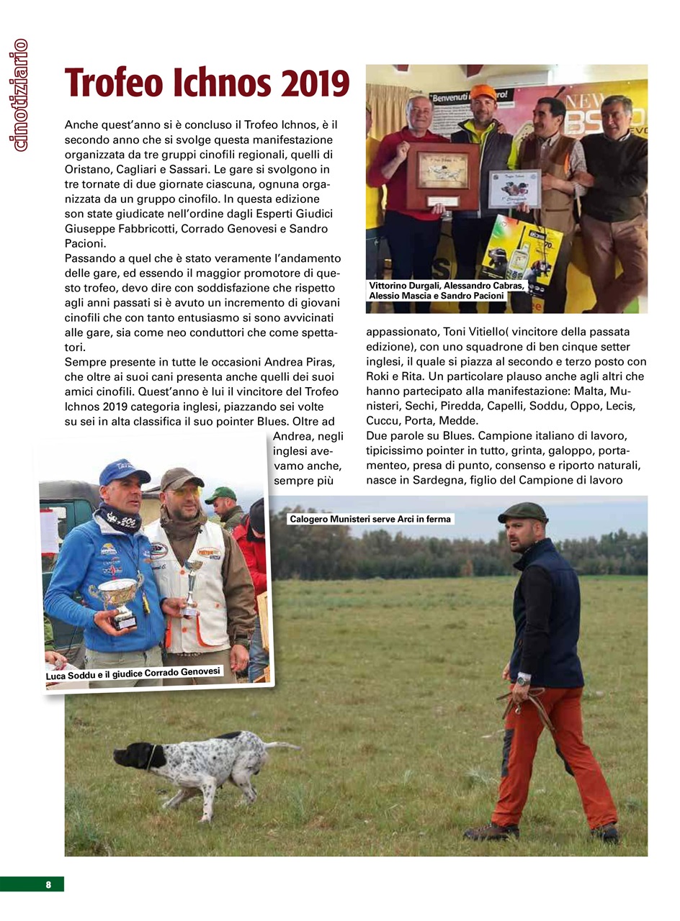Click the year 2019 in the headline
coord(310,84)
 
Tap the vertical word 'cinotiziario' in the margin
coord(19,95)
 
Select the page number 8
coord(48,884)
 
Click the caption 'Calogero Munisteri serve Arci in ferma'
coord(370,519)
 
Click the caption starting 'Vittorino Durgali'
coord(446,290)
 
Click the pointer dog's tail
coord(282,746)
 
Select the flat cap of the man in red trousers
coord(522,512)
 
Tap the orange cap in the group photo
coord(483,92)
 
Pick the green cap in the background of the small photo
coord(220,494)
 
